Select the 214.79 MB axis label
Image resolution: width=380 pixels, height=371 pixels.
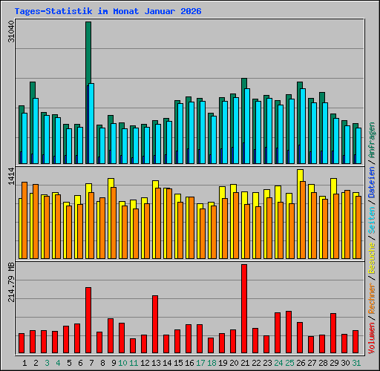(10, 284)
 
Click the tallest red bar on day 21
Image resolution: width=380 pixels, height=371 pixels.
(243, 308)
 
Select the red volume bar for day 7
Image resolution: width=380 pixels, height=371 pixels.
(88, 320)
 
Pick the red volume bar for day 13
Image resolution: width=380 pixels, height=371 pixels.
(154, 324)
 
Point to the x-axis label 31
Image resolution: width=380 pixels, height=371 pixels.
(356, 363)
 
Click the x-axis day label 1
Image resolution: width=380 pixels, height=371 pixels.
(25, 363)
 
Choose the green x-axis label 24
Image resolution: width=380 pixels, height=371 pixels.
(278, 363)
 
